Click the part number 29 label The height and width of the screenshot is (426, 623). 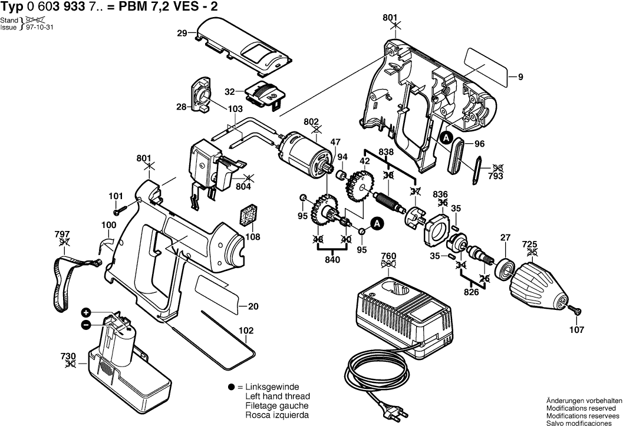[x=182, y=34]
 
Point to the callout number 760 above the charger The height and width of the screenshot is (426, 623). [x=389, y=256]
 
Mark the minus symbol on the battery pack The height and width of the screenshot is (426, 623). [x=86, y=324]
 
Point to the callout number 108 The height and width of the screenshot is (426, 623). [x=252, y=237]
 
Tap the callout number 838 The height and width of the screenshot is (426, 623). [x=387, y=151]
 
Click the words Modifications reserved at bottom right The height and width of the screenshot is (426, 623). [x=581, y=408]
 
